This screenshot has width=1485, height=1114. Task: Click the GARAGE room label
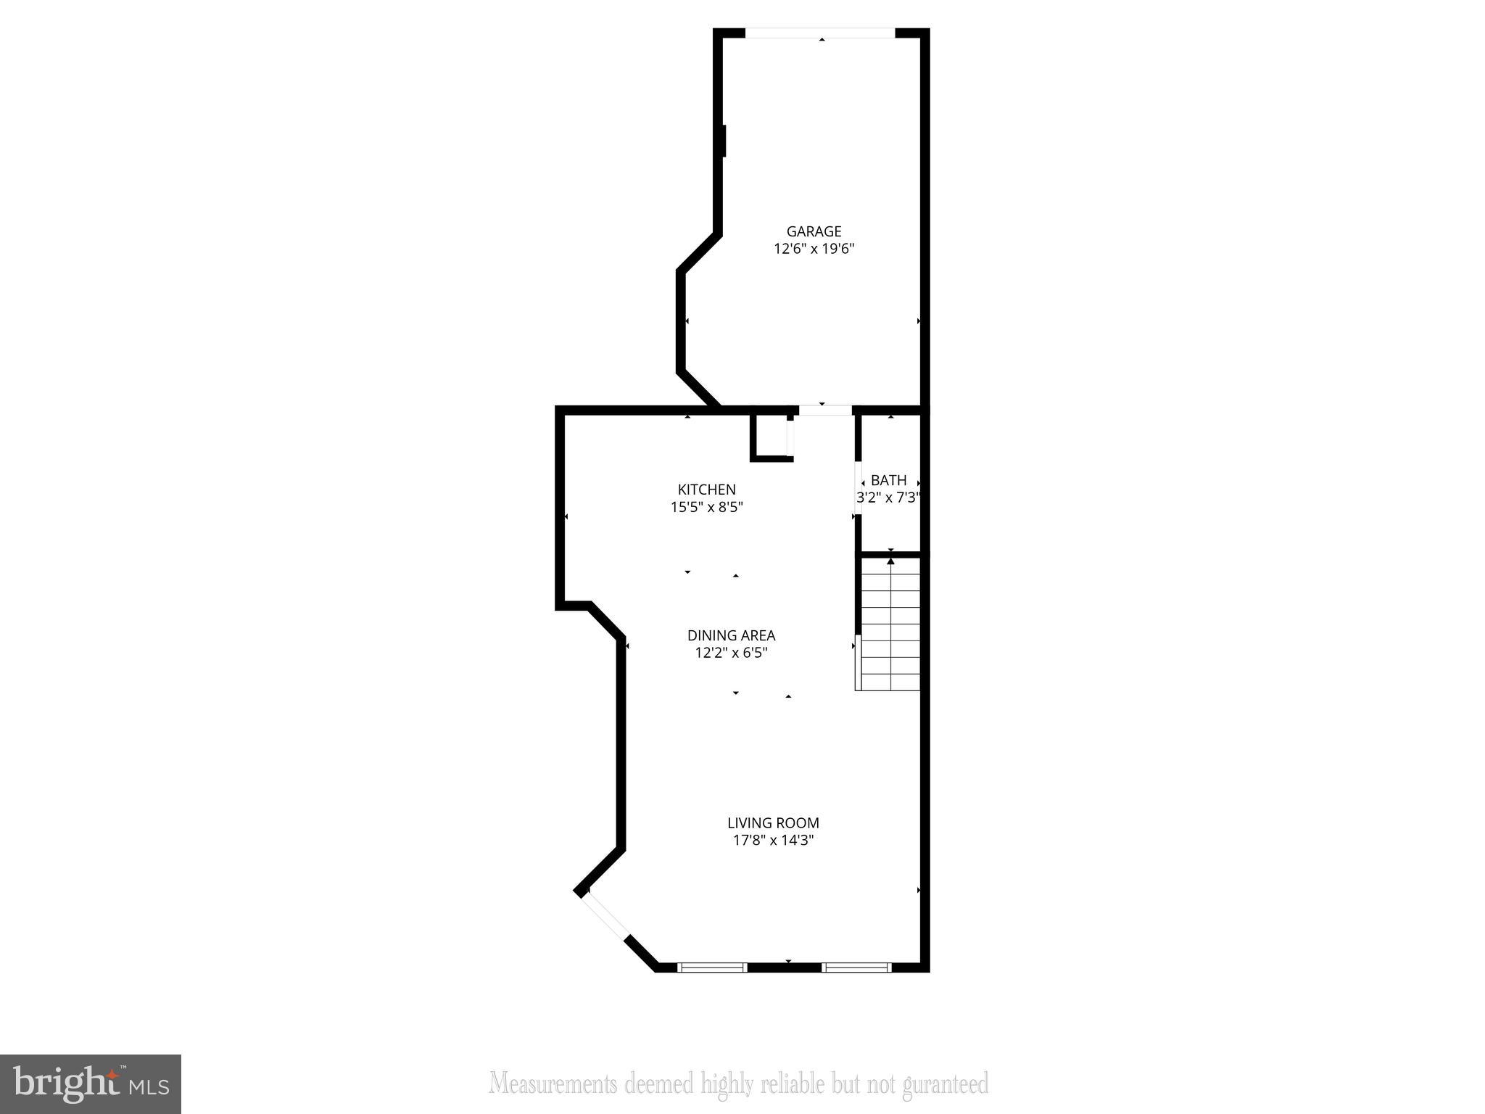coord(814,231)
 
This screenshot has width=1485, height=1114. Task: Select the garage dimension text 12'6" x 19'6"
coord(814,249)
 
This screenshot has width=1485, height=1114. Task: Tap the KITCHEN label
coord(706,490)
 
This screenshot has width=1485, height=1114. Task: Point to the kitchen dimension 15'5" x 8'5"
coord(706,507)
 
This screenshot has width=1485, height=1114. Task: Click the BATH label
coord(888,480)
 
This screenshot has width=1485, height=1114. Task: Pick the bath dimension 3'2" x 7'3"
coord(888,498)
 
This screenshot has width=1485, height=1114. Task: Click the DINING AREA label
coord(731,635)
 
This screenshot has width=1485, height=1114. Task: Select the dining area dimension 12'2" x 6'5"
coord(731,653)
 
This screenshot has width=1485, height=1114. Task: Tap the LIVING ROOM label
coord(773,823)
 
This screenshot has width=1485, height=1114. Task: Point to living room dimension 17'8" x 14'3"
coord(773,841)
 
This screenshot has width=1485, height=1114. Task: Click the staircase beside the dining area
coord(890,624)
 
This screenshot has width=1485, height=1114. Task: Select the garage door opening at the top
coord(820,33)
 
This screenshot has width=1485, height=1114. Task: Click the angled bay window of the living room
coord(606,916)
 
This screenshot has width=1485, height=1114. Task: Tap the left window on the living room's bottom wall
coord(711,967)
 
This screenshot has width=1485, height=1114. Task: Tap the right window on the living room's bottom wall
coord(856,967)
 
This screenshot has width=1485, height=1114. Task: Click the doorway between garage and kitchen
coord(824,410)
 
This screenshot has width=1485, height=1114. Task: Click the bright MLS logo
coord(90,1084)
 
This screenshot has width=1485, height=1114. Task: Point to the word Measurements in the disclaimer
coord(553,1084)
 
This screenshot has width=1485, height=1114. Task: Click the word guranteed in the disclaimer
coord(945,1084)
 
